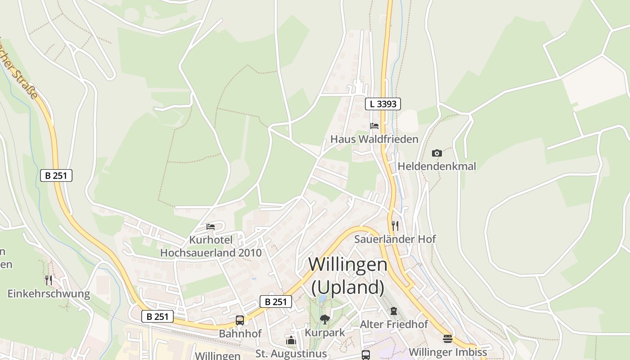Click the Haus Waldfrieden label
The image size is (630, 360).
pos(374,139)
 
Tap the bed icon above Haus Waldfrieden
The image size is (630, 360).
pos(374,126)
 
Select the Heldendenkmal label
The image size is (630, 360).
pos(436,166)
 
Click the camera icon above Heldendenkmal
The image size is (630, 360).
pos(436,153)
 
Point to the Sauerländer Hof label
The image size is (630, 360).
pos(395,239)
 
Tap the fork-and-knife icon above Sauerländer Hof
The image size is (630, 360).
pos(395,225)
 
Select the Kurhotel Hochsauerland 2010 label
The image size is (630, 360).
pos(211,246)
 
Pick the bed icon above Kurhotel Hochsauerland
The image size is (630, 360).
pos(211,226)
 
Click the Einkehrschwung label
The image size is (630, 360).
pos(49,294)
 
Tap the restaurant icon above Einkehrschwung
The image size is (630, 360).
pos(49,280)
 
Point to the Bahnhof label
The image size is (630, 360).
pos(240,334)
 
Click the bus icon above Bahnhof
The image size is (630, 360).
pos(240,320)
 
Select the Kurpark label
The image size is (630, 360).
pos(325,333)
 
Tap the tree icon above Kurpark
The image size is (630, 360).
pos(325,319)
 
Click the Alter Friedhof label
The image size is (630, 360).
pos(394,324)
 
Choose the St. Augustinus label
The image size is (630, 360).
pos(291,354)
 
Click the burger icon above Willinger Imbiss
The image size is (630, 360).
pos(447,338)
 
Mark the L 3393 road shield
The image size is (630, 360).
pos(382,104)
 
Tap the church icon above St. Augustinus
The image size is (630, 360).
pos(291,341)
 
